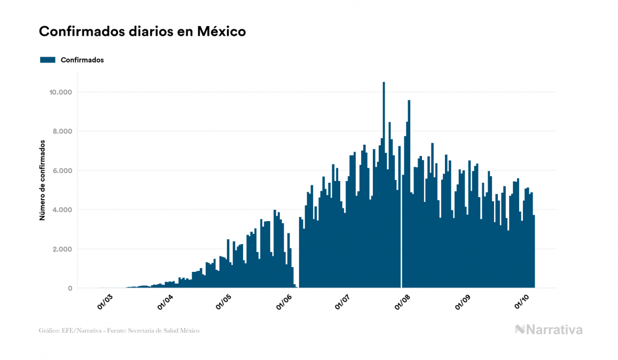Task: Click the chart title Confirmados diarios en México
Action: pyautogui.click(x=142, y=32)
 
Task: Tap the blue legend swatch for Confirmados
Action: pyautogui.click(x=48, y=60)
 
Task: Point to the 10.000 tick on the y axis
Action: pyautogui.click(x=60, y=92)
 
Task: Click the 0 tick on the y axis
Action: pyautogui.click(x=69, y=288)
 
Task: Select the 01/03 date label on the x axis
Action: pyautogui.click(x=105, y=302)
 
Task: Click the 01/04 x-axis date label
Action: pyautogui.click(x=166, y=302)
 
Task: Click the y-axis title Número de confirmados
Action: pyautogui.click(x=42, y=181)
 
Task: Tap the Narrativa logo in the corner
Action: pyautogui.click(x=549, y=330)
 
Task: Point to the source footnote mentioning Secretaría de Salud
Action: pyautogui.click(x=119, y=331)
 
